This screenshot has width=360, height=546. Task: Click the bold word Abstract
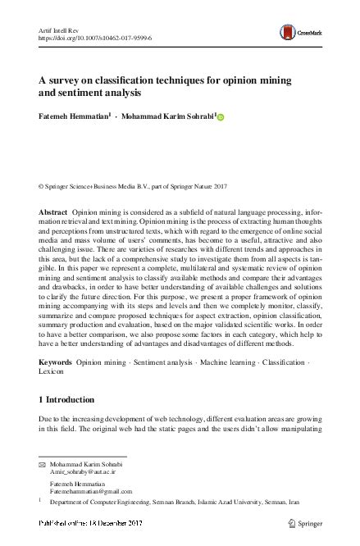pyautogui.click(x=53, y=212)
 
